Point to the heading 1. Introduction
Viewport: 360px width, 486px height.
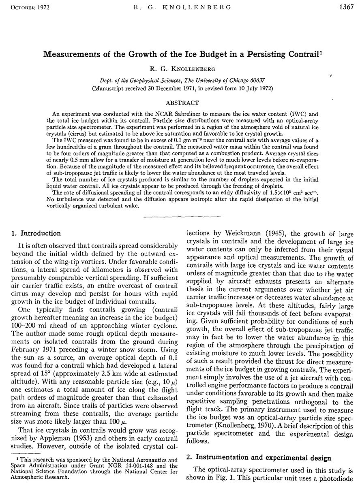[36, 233]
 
